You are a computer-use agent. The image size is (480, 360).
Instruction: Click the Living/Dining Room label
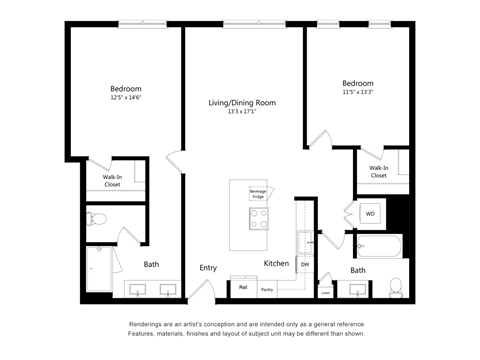[242, 103]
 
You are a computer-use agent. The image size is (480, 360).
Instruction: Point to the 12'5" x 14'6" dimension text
[125, 98]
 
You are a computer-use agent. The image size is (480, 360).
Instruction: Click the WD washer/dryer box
[368, 214]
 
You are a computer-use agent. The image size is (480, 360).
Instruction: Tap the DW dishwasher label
[305, 263]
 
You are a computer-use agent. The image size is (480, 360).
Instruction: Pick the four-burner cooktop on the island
[259, 219]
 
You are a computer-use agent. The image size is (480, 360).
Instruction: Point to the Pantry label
[267, 289]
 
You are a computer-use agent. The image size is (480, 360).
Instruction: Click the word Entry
[208, 267]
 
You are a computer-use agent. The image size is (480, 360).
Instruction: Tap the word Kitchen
[276, 263]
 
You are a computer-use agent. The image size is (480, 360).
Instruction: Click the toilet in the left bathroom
[99, 220]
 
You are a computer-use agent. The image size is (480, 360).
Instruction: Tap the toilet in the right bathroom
[395, 286]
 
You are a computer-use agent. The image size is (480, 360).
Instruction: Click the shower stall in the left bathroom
[99, 269]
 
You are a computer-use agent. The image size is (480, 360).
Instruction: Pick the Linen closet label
[326, 292]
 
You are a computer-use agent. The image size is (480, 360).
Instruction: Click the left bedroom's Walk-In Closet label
[113, 181]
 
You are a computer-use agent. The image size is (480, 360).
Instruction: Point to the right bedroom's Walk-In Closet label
[379, 171]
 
